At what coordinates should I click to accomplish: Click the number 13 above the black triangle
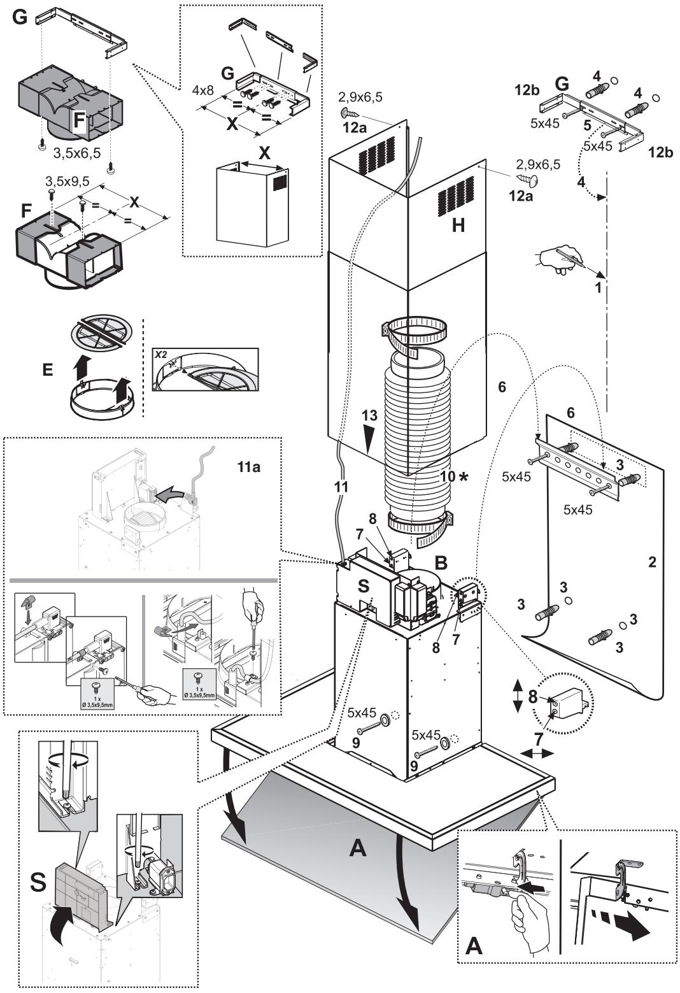(370, 415)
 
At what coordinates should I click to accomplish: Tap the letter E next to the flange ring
(48, 369)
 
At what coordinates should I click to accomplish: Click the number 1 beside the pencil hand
(598, 287)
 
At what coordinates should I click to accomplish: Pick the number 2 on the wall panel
(651, 562)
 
